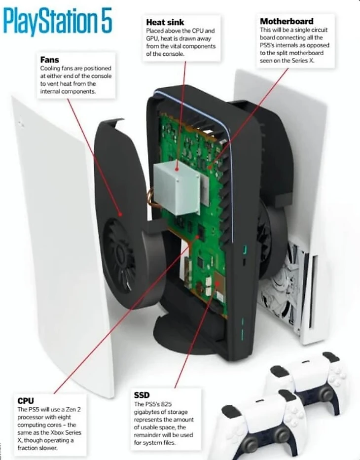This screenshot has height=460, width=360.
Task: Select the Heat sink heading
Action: pos(165,22)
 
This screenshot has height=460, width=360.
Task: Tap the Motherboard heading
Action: pos(286,21)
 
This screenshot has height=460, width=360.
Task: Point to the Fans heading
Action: pos(50,60)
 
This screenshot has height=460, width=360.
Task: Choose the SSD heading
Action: pos(142,395)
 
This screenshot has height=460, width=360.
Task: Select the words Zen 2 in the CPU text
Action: pos(72,409)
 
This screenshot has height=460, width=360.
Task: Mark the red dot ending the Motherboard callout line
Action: pos(210,167)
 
